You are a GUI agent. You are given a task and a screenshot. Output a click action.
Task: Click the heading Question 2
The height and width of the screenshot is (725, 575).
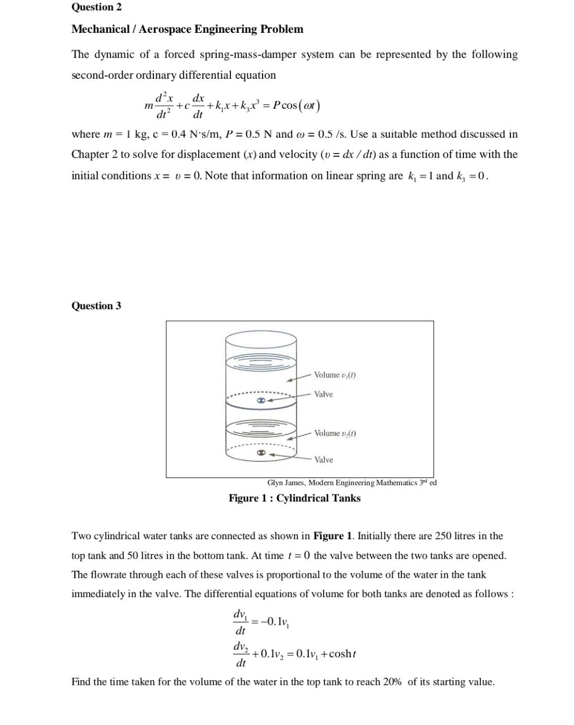[96, 7]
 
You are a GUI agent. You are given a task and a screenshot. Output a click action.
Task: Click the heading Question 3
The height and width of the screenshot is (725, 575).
[96, 306]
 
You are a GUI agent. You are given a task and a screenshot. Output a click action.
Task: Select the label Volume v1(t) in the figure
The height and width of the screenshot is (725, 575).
[334, 375]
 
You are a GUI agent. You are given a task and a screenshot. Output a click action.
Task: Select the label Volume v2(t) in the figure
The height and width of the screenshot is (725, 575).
[334, 433]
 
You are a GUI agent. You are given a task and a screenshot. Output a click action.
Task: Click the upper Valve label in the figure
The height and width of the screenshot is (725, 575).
[324, 394]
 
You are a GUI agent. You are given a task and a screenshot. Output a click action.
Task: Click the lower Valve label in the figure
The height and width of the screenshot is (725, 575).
[324, 460]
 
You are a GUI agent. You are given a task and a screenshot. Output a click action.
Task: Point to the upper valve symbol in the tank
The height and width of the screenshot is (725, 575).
[261, 400]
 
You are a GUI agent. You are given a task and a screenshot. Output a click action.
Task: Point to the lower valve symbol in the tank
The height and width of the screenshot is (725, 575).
[261, 453]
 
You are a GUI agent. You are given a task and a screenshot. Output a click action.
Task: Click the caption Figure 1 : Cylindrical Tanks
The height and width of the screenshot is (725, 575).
[294, 498]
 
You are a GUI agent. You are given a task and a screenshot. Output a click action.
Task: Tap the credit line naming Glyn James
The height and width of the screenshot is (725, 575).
[351, 483]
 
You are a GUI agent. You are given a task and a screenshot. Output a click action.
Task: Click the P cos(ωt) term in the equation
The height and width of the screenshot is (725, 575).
[297, 105]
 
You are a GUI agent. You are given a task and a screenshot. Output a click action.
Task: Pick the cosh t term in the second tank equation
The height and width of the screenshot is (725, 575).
[342, 654]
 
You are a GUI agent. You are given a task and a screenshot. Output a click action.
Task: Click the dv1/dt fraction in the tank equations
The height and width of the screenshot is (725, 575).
[240, 622]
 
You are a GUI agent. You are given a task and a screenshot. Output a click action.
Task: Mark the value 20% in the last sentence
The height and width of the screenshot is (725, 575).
[392, 682]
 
